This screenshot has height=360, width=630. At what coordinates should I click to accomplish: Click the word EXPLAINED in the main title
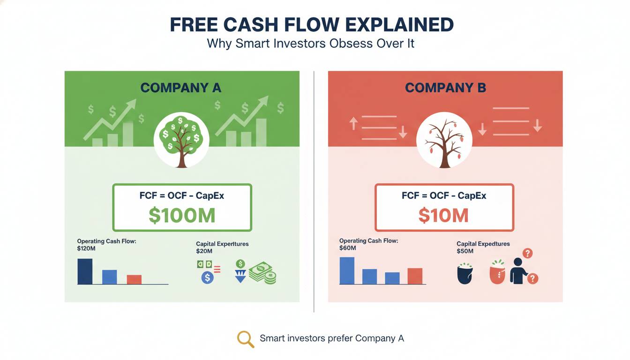point(399,25)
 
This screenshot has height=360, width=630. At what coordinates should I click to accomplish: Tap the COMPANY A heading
point(181,88)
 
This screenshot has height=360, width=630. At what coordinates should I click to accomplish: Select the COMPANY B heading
point(445,88)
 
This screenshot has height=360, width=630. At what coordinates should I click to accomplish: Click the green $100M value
point(182,216)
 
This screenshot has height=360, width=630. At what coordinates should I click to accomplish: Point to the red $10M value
point(443,216)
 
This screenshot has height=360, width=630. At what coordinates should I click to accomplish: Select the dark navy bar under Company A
point(85,271)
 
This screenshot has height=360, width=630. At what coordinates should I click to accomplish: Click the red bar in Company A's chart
point(134,279)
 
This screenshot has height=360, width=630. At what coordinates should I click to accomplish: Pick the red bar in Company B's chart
point(415,276)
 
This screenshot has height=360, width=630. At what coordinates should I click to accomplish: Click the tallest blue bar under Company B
point(347,271)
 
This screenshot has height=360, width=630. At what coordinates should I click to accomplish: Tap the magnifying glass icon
point(246,339)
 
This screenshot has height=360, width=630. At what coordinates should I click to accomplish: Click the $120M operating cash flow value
point(86,248)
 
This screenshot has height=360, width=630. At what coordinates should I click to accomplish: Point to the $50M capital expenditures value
point(465,251)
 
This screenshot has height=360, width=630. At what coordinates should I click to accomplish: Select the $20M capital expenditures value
point(204,251)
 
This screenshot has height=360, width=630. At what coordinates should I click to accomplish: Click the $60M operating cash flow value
point(348,248)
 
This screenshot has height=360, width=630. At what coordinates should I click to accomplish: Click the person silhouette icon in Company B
point(518,271)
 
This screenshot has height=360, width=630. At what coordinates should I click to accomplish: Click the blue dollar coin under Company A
point(208,277)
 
